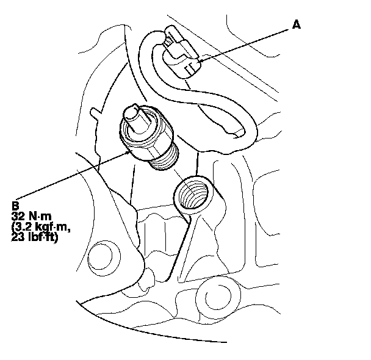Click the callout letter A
[x=297, y=24]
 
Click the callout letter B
[x=15, y=206]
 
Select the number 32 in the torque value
[x=18, y=215]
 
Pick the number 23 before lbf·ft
[x=18, y=238]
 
